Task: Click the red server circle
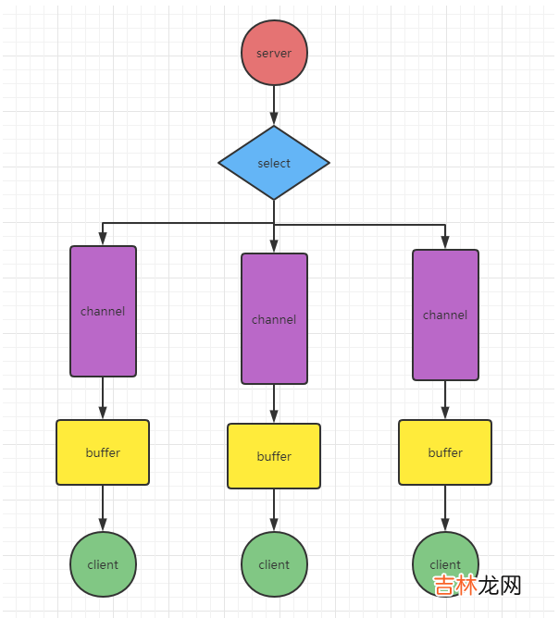(x=274, y=53)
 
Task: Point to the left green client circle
(x=103, y=564)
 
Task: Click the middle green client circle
(x=274, y=564)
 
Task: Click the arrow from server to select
(x=274, y=105)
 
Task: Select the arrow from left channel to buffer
(x=103, y=399)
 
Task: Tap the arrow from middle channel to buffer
(x=274, y=404)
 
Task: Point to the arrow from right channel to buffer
(x=445, y=401)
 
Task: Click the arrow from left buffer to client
(x=103, y=508)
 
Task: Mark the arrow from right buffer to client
(x=445, y=508)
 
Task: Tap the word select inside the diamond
(x=274, y=164)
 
